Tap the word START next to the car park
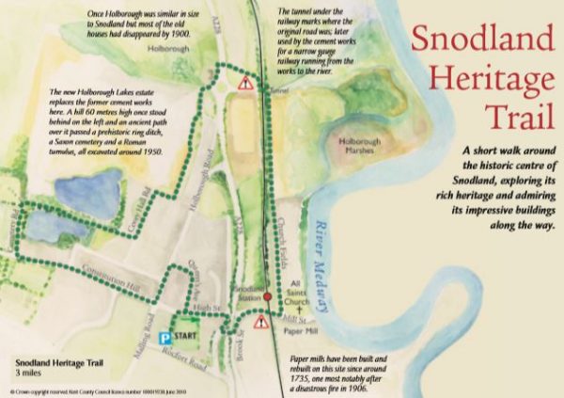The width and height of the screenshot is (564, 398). pyautogui.click(x=188, y=335)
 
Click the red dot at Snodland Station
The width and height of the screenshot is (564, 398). pyautogui.click(x=267, y=296)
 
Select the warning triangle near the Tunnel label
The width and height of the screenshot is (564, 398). pyautogui.click(x=245, y=84)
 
